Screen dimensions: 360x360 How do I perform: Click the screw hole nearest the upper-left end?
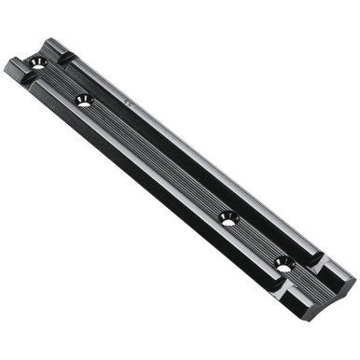(38, 62)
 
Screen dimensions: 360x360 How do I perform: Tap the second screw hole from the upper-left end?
(84, 101)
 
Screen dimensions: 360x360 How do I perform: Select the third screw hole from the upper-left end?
(227, 218)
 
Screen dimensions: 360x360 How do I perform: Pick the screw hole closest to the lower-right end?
(283, 263)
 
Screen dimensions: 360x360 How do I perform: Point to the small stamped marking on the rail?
(130, 97)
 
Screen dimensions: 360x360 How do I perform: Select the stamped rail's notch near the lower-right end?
(323, 257)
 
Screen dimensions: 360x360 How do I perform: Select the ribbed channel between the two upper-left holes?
(62, 82)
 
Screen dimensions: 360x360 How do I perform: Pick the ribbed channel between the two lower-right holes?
(255, 241)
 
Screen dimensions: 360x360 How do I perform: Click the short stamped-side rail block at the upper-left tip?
(52, 48)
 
